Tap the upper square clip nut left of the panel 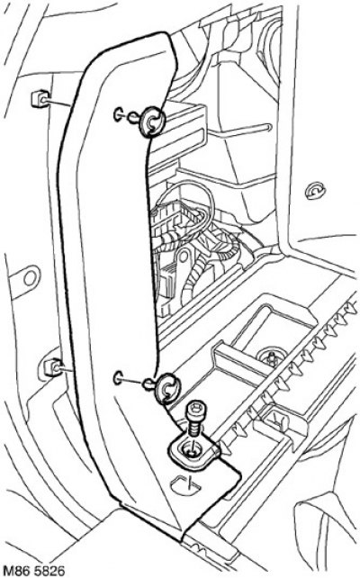pos(40,98)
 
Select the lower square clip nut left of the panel pos(53,367)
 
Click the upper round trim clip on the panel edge pos(154,121)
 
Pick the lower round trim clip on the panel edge pos(169,387)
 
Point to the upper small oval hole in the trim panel pos(119,114)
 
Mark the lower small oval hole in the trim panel pos(119,378)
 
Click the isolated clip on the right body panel pos(315,191)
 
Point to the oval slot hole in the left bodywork pos(31,277)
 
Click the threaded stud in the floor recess pos(272,358)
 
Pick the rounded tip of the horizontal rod pos(268,128)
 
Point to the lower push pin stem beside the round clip pos(150,384)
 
